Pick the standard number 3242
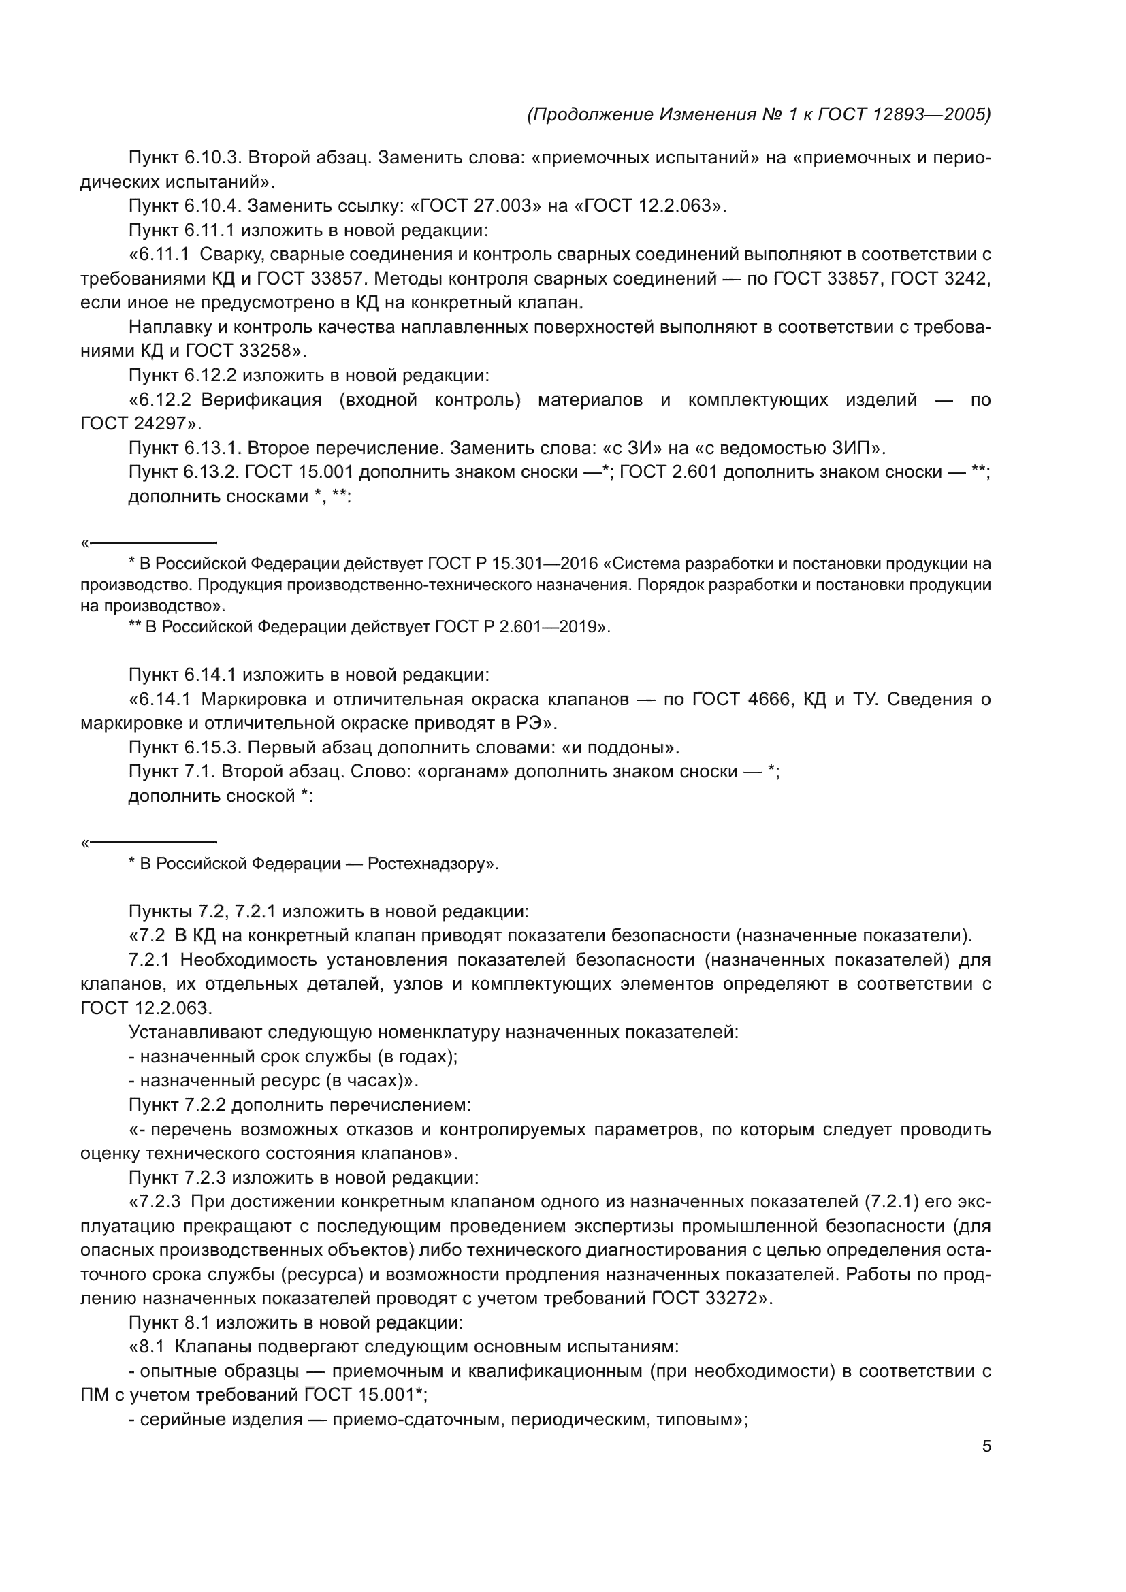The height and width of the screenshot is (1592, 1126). (965, 279)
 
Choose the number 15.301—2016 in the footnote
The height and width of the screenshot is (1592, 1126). (536, 563)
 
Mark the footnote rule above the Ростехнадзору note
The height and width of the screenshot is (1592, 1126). (153, 843)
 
